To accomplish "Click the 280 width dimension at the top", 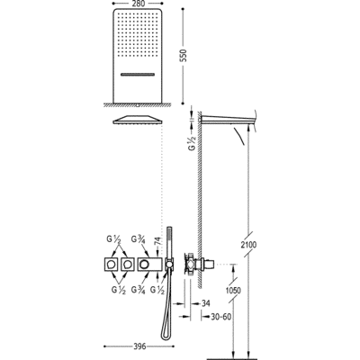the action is pyautogui.click(x=138, y=4).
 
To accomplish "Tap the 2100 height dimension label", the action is pyautogui.click(x=249, y=245).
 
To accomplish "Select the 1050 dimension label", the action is pyautogui.click(x=233, y=290).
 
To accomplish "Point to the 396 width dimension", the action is pyautogui.click(x=139, y=346).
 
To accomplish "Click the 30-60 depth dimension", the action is pyautogui.click(x=220, y=316).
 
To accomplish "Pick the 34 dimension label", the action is pyautogui.click(x=205, y=303).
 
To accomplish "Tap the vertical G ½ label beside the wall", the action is pyautogui.click(x=193, y=143).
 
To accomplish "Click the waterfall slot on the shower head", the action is pyautogui.click(x=138, y=74).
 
